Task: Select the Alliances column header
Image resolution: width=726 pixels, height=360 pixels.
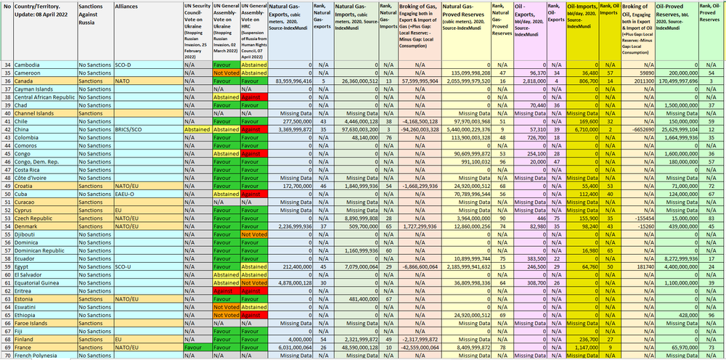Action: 129,6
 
